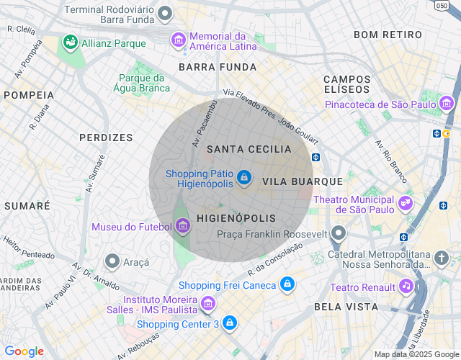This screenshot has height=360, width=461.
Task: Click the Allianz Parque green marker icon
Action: pyautogui.click(x=70, y=42)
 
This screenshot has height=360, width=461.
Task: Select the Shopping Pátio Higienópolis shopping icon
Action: pyautogui.click(x=244, y=176)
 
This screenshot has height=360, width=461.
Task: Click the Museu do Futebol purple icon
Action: pyautogui.click(x=183, y=228)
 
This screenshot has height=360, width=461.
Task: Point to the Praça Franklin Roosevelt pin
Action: pyautogui.click(x=339, y=233)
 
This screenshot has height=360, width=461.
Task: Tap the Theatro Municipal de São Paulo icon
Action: pyautogui.click(x=405, y=203)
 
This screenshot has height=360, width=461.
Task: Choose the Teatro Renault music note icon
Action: pyautogui.click(x=406, y=287)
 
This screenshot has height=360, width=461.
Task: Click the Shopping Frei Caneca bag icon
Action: pyautogui.click(x=287, y=284)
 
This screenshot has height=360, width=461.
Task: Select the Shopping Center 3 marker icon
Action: pyautogui.click(x=229, y=323)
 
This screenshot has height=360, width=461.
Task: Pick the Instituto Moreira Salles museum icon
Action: pyautogui.click(x=208, y=304)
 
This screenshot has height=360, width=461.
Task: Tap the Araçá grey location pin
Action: pyautogui.click(x=112, y=260)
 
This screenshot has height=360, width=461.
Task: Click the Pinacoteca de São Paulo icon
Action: pyautogui.click(x=448, y=105)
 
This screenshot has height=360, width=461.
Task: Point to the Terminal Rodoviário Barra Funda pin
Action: pyautogui.click(x=166, y=13)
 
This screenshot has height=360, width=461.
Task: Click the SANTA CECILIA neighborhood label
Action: pyautogui.click(x=249, y=149)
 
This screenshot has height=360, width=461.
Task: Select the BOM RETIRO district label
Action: pyautogui.click(x=388, y=35)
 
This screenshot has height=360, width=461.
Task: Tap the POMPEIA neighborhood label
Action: pyautogui.click(x=29, y=94)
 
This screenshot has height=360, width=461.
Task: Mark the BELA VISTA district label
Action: pyautogui.click(x=346, y=307)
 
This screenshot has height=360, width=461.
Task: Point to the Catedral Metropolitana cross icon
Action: pyautogui.click(x=442, y=256)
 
